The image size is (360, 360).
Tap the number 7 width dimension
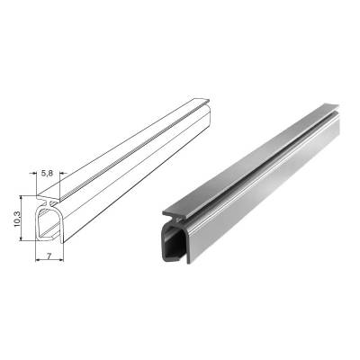pos(49,256)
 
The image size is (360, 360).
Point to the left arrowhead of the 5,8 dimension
pos(33,173)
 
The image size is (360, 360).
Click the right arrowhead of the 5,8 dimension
pos(63,173)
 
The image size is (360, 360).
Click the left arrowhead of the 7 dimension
pos(39,260)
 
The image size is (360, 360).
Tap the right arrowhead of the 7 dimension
pos(60,260)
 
